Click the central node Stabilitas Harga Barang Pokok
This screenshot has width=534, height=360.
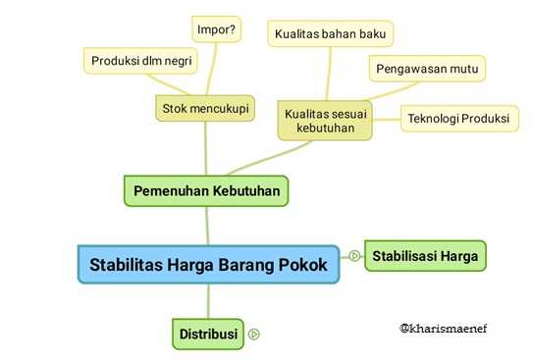[x=208, y=264]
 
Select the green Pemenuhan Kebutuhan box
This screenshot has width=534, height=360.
[x=207, y=189]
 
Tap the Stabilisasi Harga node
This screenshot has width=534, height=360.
[x=425, y=256]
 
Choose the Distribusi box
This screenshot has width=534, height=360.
[x=208, y=334]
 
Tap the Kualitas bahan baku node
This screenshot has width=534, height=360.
[x=331, y=34]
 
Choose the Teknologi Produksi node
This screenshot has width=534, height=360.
[x=457, y=119]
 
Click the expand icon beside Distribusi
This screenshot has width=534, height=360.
[x=254, y=334]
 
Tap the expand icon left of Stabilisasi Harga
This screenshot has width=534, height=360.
[x=353, y=256]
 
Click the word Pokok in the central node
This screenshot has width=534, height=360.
[x=300, y=264]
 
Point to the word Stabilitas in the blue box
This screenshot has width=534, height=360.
[x=126, y=264]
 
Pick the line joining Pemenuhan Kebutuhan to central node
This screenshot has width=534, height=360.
[x=207, y=226]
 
